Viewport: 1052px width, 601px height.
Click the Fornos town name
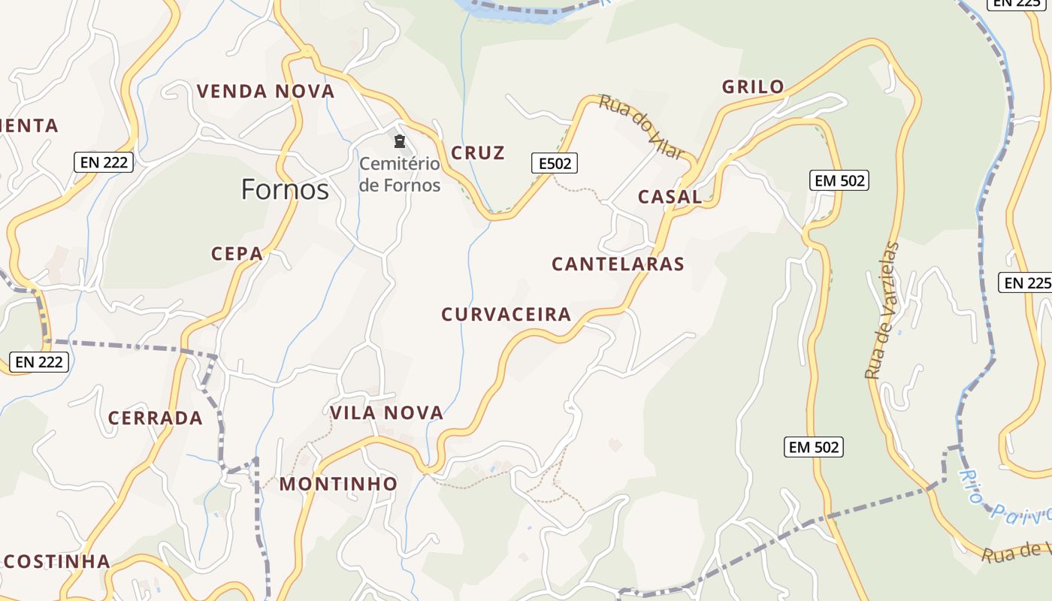point(285,189)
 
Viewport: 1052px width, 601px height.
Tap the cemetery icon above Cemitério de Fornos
point(400,141)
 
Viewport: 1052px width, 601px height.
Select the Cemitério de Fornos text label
point(399,174)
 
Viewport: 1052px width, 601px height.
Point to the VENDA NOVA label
point(265,92)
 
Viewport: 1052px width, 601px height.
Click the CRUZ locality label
point(478,153)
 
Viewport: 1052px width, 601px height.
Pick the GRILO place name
point(753,87)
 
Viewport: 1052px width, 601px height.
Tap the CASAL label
point(670,198)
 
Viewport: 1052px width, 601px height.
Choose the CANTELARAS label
point(618,264)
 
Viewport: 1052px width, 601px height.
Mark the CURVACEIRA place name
point(506,315)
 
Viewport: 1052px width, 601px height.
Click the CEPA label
point(237,254)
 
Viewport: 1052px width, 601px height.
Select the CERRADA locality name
point(156,418)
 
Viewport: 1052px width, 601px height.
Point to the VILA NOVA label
point(387,413)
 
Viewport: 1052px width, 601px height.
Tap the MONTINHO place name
point(338,485)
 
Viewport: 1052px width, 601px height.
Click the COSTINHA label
point(57,562)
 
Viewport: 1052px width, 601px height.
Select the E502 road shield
point(555,163)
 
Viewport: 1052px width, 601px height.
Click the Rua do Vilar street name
point(641,127)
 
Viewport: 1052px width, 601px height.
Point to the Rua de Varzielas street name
point(882,310)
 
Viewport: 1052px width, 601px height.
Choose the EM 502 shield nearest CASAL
point(839,180)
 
